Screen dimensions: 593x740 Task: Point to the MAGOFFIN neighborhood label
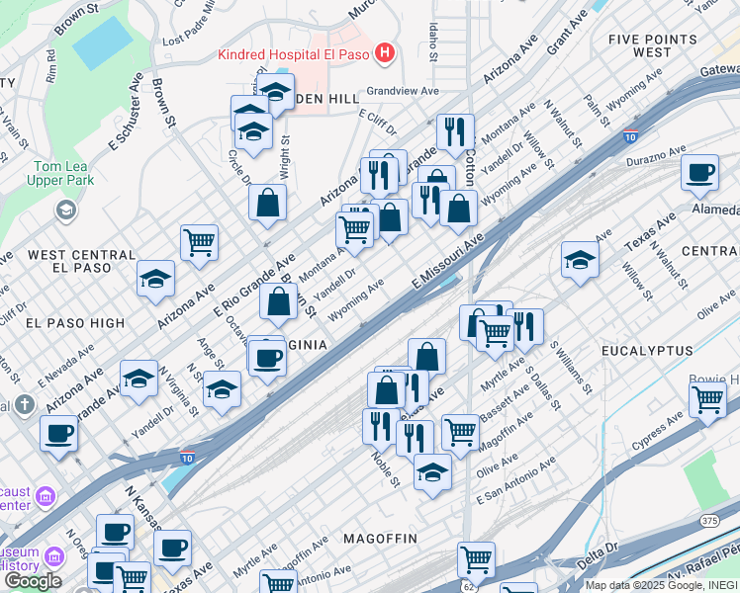coord(380,538)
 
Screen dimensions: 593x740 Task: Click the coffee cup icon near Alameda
coord(700,173)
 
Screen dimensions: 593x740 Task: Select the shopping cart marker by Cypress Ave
coord(707,399)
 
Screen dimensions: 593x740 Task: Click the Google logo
coord(33,581)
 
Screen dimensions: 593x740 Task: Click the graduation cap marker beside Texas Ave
coord(580,260)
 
